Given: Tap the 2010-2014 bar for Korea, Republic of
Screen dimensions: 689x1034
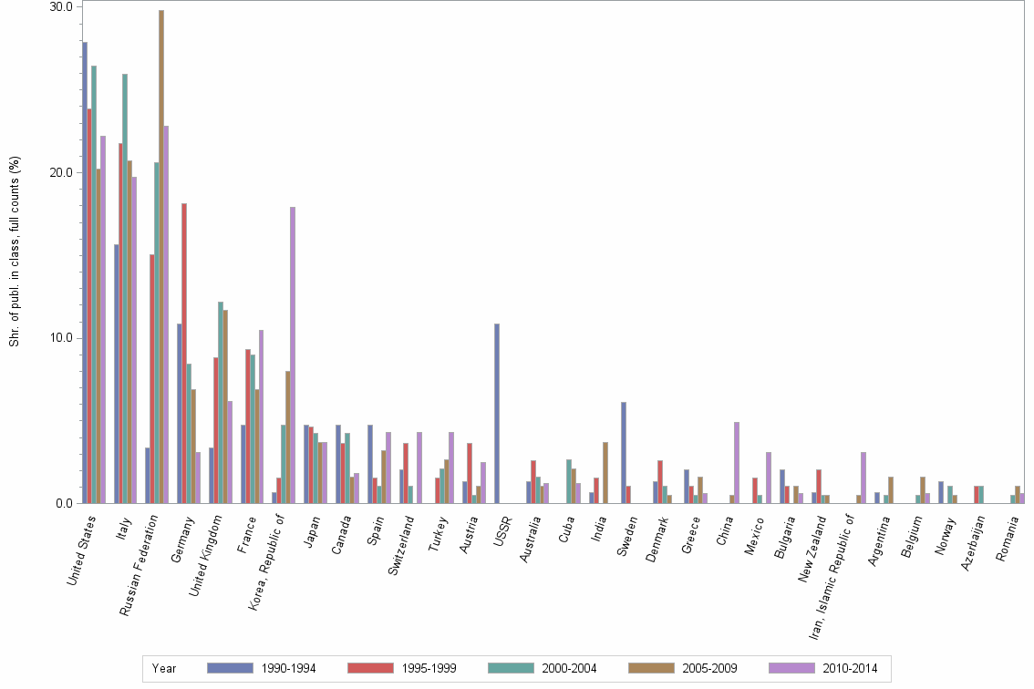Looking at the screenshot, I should (293, 355).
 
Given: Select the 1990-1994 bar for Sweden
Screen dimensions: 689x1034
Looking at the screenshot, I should (624, 452).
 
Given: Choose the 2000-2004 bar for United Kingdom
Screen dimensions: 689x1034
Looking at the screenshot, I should (221, 402).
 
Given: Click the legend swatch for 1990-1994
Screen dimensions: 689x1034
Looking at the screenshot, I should (230, 668).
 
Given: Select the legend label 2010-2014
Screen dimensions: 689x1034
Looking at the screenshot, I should (850, 668).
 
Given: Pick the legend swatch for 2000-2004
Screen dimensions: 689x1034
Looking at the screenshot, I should (512, 668).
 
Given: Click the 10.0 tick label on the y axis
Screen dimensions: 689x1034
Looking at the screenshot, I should (61, 338).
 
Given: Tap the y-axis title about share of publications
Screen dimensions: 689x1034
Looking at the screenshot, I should (14, 251).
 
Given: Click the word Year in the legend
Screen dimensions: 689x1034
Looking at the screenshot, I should (164, 668).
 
